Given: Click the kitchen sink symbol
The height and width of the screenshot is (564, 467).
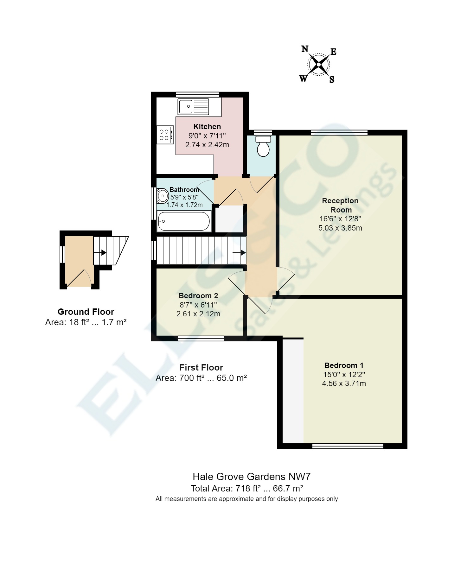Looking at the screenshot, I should pyautogui.click(x=193, y=106).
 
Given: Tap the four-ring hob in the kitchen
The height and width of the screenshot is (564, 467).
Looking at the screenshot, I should pyautogui.click(x=165, y=135).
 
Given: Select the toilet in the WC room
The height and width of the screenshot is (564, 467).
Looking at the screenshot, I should pyautogui.click(x=263, y=146).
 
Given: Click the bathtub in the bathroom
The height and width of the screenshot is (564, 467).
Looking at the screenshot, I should pyautogui.click(x=184, y=221).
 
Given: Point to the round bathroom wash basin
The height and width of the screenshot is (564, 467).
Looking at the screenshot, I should pyautogui.click(x=163, y=196).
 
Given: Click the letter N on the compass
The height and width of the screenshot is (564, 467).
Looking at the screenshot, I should pyautogui.click(x=304, y=49).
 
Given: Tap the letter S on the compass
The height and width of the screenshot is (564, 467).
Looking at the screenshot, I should pyautogui.click(x=332, y=79).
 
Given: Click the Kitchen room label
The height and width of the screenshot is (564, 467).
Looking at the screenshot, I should pyautogui.click(x=207, y=127).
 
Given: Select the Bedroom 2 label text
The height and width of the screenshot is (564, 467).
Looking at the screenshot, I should pyautogui.click(x=198, y=296).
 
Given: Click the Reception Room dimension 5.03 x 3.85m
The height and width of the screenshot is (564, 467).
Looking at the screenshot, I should pyautogui.click(x=340, y=228).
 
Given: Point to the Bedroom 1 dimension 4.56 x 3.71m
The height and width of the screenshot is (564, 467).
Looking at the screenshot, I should pyautogui.click(x=344, y=383).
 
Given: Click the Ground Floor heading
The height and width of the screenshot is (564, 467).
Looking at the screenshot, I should pyautogui.click(x=86, y=312).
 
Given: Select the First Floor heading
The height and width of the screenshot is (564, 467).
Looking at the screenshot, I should pyautogui.click(x=201, y=367).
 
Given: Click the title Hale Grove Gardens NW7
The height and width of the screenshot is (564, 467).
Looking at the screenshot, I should pyautogui.click(x=252, y=477).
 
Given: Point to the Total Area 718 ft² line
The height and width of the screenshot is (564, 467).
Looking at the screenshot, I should pyautogui.click(x=247, y=488).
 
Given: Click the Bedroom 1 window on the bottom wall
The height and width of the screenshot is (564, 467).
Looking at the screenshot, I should pyautogui.click(x=348, y=446).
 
